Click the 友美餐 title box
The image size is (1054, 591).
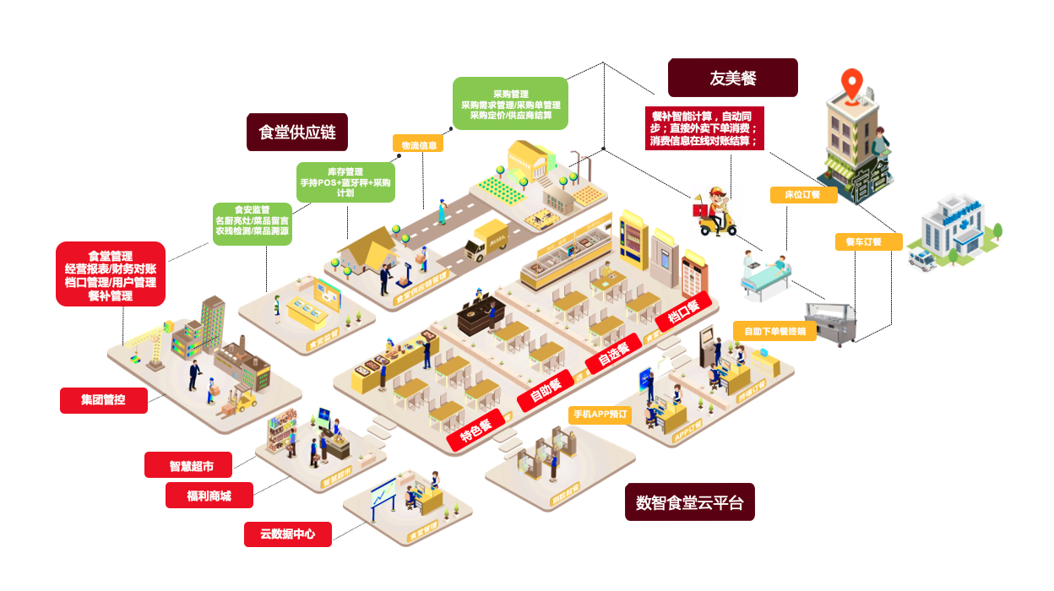(732, 78)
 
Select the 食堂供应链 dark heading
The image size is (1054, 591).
(297, 133)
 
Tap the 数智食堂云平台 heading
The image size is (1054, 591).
(689, 502)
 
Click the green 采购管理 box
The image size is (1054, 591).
(510, 104)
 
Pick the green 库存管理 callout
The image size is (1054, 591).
(345, 182)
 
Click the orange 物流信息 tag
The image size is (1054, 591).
(418, 144)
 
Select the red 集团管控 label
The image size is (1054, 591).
(103, 400)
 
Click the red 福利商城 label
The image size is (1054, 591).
(209, 495)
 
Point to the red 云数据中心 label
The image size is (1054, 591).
(287, 534)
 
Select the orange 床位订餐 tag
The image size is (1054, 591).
(803, 195)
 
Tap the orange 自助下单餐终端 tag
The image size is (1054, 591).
(774, 331)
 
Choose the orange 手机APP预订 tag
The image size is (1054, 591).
(600, 415)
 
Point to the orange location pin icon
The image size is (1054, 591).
(853, 84)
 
